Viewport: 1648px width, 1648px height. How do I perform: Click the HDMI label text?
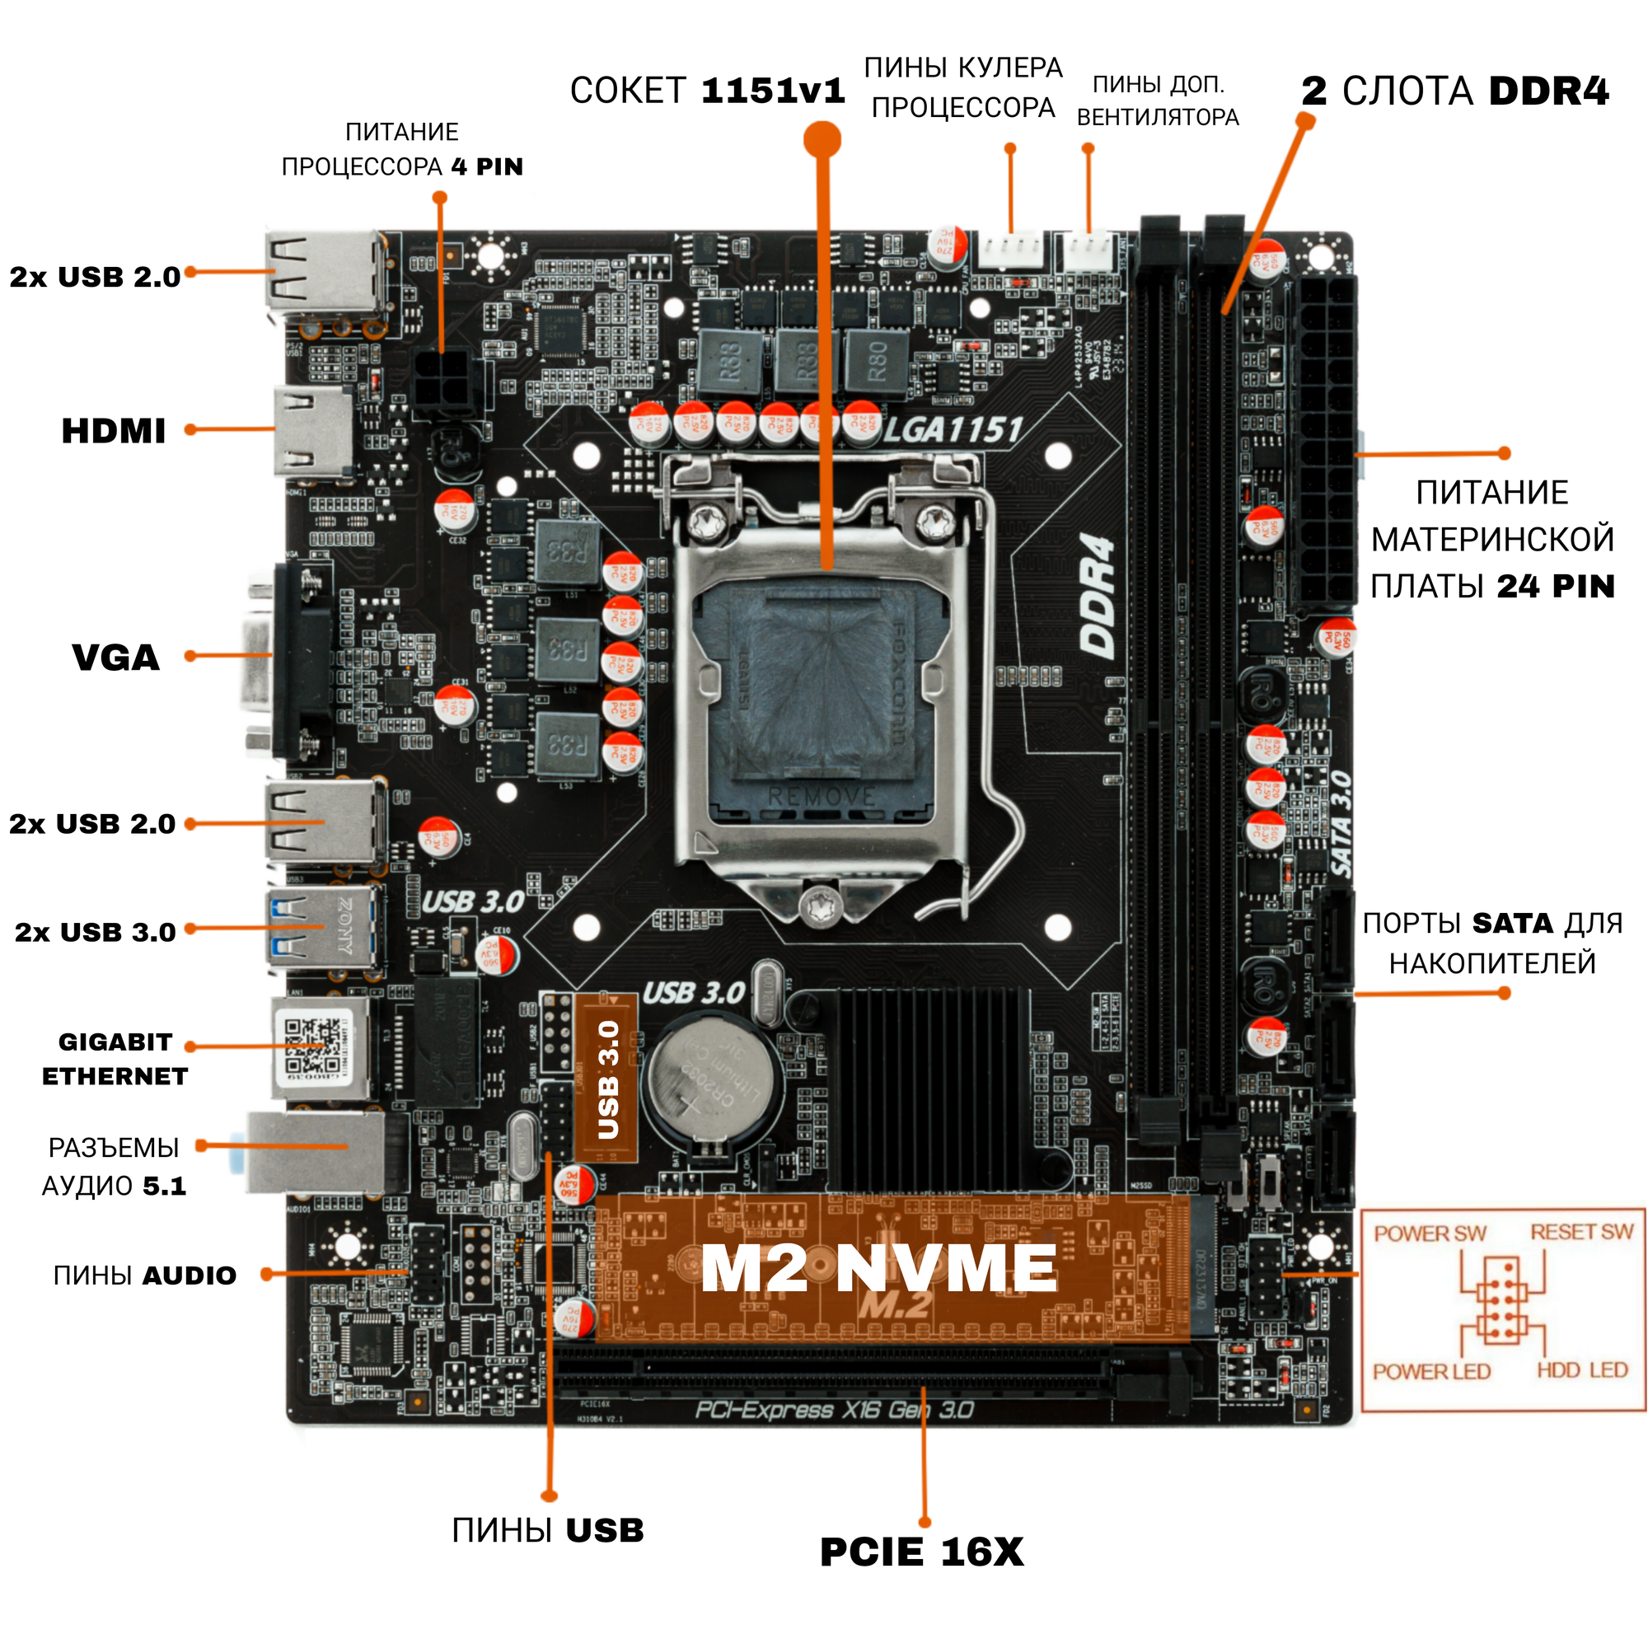tap(114, 432)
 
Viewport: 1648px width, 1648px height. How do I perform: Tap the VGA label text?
tap(116, 658)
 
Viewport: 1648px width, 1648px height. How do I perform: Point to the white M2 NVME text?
tap(878, 1268)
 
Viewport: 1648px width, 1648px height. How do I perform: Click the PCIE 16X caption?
tap(921, 1552)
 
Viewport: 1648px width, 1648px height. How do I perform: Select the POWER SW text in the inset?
tap(1430, 1234)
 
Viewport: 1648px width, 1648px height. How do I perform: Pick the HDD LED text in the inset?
tap(1582, 1371)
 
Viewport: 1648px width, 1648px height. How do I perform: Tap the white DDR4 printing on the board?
tap(1098, 597)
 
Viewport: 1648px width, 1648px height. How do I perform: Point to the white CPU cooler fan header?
tap(1012, 250)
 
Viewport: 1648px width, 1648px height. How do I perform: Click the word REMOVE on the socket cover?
tap(821, 797)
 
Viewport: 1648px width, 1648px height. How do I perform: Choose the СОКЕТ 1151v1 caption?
tap(707, 91)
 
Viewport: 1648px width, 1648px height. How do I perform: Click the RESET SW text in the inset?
tap(1581, 1233)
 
